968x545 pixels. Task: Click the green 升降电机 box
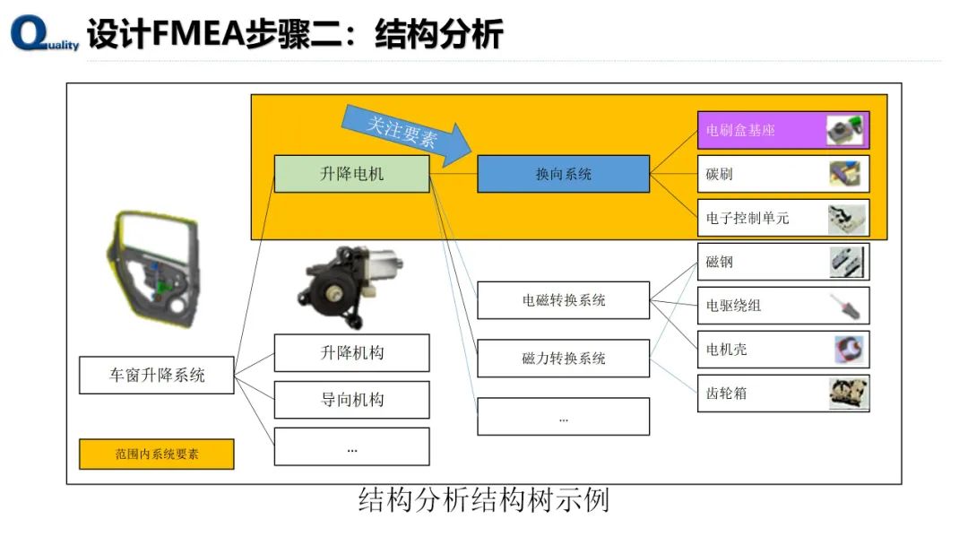(351, 174)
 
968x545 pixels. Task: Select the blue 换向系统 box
(563, 174)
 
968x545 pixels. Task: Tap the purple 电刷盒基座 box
(782, 130)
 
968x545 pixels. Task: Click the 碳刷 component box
(782, 174)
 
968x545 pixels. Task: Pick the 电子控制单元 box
(782, 218)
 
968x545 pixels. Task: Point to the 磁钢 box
(782, 262)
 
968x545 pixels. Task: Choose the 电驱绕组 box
(782, 306)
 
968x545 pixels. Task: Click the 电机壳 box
(782, 350)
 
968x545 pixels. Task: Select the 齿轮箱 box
(782, 393)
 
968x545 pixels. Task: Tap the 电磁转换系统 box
(563, 300)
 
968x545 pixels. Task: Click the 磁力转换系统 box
(563, 358)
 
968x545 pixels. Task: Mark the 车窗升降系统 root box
(157, 375)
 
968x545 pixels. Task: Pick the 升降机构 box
(351, 352)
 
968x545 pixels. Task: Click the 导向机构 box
(351, 400)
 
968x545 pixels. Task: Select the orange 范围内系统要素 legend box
(157, 454)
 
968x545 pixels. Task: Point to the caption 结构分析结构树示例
(483, 499)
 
